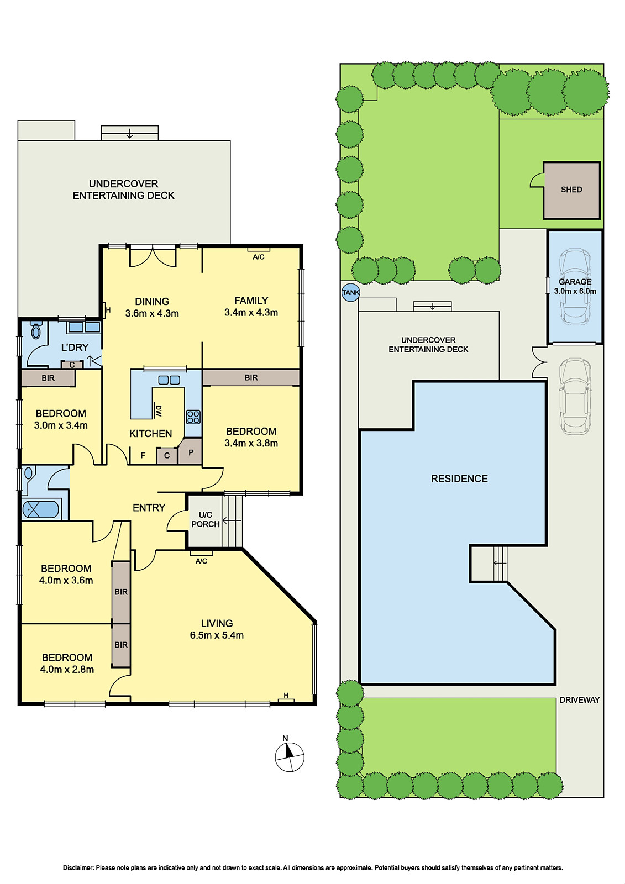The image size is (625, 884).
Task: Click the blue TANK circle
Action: [x=350, y=292]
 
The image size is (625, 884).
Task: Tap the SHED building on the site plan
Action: [x=571, y=190]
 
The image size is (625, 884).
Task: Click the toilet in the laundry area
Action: [x=36, y=330]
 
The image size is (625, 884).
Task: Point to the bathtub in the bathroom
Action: [x=40, y=509]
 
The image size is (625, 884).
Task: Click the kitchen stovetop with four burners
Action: [x=193, y=416]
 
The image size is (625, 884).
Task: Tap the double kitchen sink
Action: [x=169, y=380]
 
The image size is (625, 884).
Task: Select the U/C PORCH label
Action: [x=206, y=519]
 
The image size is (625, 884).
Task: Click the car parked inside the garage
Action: [x=575, y=286]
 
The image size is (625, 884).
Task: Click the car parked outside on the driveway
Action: [x=575, y=396]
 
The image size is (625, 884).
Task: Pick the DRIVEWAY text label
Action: [x=579, y=700]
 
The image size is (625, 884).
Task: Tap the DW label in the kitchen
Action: [x=159, y=411]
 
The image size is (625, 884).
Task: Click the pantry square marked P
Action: [x=191, y=452]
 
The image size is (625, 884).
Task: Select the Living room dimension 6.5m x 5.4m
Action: [x=217, y=635]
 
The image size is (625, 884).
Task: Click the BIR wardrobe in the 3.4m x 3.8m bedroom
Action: [x=251, y=377]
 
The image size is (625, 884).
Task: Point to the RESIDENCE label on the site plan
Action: [x=459, y=479]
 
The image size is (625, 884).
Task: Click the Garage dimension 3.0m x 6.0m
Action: [x=575, y=291]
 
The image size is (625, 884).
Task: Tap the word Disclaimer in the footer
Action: [x=78, y=868]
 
